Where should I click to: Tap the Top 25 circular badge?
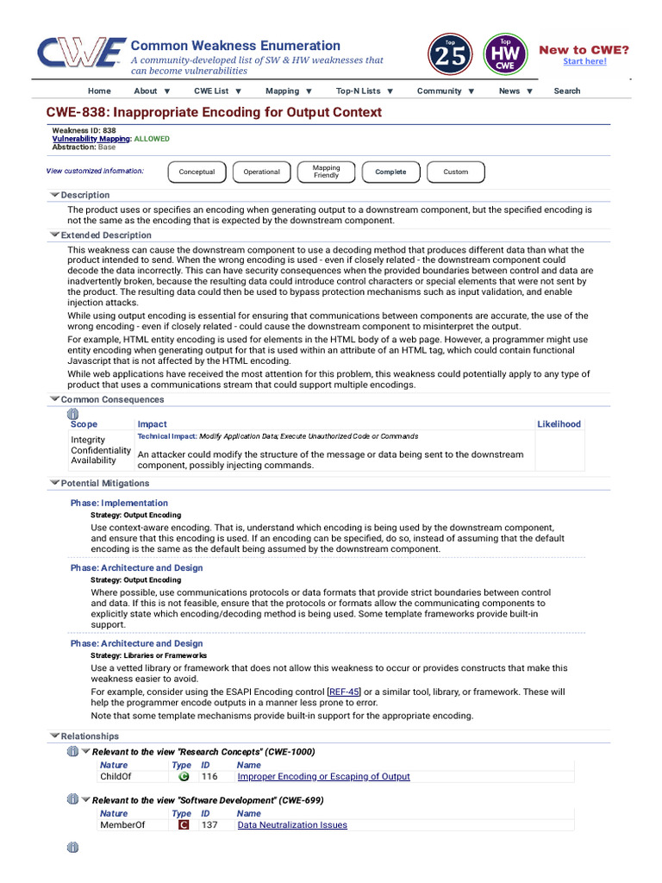(449, 54)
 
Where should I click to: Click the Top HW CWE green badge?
(506, 54)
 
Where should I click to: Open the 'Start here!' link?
(584, 61)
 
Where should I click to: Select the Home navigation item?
(99, 91)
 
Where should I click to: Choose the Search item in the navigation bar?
(566, 91)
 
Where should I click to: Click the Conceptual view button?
(197, 172)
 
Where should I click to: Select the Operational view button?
(261, 172)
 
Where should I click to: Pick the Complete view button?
(390, 172)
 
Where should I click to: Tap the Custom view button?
(455, 172)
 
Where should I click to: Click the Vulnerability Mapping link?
(91, 139)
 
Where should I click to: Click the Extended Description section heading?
(105, 235)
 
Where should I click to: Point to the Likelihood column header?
(559, 424)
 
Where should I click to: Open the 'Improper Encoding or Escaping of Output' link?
(323, 776)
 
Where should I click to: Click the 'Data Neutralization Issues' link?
(292, 825)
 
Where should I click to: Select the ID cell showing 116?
(209, 776)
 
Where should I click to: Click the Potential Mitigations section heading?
(104, 484)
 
